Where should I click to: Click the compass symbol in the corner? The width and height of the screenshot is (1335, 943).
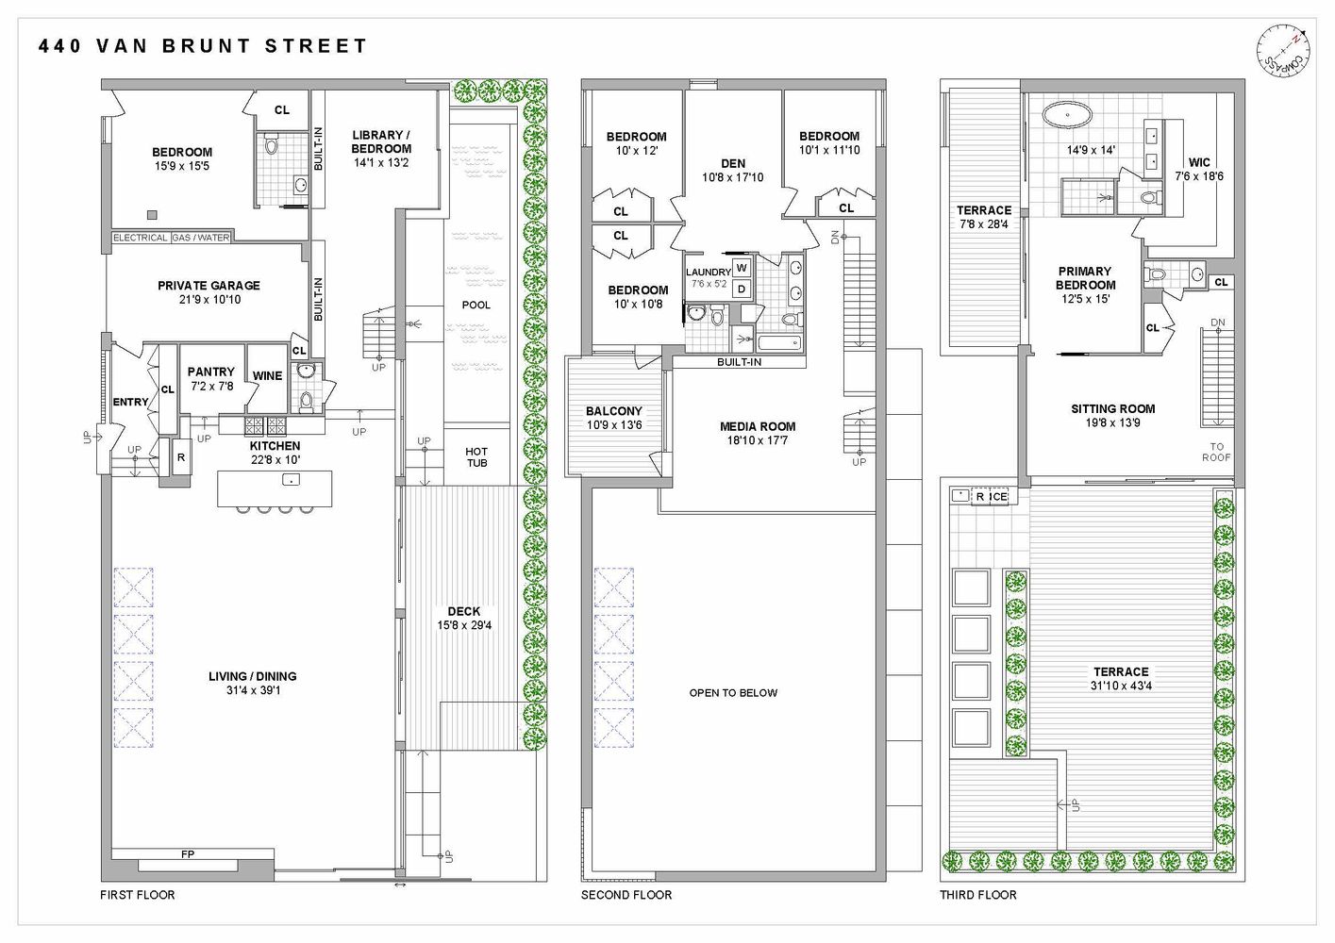(1283, 55)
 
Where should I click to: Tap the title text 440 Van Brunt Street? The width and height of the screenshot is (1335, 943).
(203, 45)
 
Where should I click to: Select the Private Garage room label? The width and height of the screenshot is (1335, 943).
(209, 286)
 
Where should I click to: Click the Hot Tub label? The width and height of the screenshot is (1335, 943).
(476, 457)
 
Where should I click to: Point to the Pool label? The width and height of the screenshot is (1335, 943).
(476, 305)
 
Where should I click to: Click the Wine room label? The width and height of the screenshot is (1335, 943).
(267, 375)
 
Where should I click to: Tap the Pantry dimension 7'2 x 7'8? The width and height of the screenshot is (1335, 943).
(210, 386)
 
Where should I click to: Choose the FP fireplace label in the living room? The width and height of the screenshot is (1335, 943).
(188, 855)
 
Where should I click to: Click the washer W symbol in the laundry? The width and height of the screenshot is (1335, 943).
(742, 268)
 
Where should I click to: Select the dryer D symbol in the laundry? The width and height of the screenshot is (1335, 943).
(742, 289)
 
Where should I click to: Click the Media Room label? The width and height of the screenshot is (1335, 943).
(758, 426)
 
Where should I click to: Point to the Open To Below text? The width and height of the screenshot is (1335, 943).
(733, 692)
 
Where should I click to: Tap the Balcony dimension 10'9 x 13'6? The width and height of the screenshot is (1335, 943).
(613, 424)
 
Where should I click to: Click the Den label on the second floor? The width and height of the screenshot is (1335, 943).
(733, 163)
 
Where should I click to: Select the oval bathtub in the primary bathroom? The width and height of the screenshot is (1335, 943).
(1066, 118)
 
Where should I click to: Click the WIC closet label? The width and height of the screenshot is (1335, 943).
(1199, 162)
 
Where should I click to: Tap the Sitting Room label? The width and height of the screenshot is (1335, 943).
(1113, 408)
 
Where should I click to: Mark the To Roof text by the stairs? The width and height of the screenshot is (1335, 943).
(1217, 453)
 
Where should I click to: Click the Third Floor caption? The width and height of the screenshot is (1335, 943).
(978, 895)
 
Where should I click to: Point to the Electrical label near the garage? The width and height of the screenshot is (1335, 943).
(141, 238)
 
